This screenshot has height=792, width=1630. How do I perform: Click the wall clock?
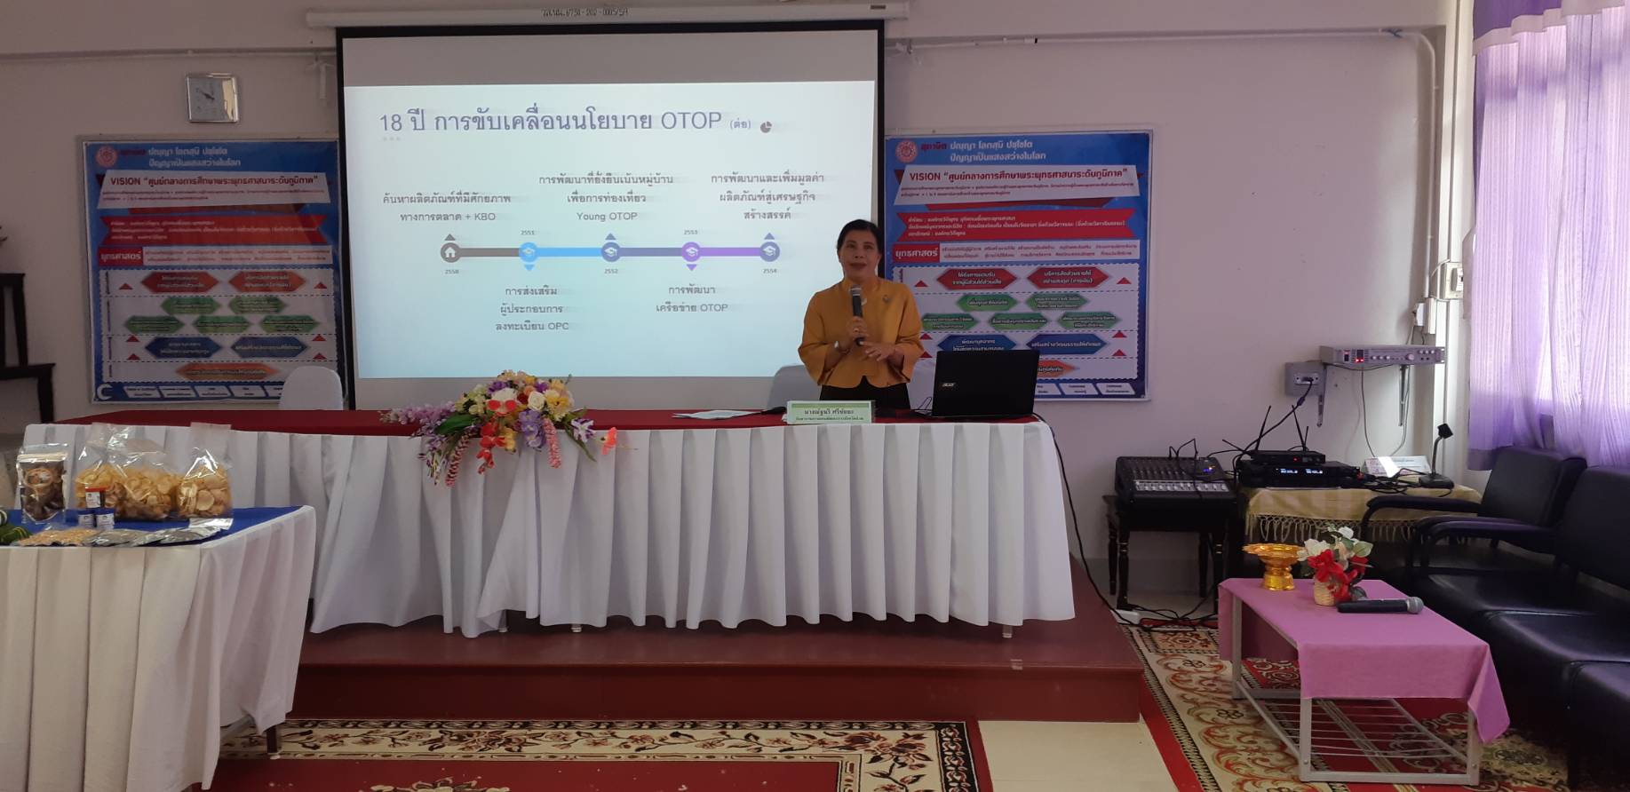point(211,98)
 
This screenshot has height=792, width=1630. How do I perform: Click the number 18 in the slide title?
point(391,123)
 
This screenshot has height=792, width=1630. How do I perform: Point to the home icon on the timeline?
point(450,252)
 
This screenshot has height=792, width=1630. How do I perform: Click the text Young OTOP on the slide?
point(607,216)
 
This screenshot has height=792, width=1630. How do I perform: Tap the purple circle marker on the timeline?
point(690,252)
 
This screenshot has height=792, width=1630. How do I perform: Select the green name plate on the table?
point(831,412)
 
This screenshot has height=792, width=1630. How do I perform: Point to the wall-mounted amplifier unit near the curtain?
point(1380,355)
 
